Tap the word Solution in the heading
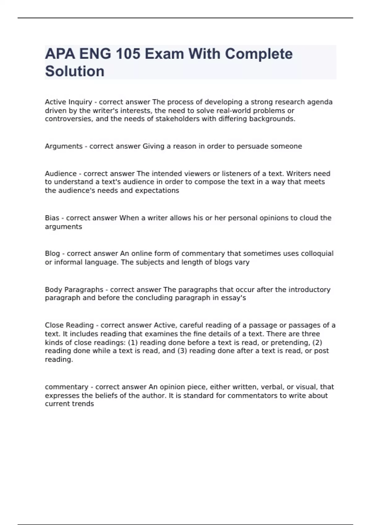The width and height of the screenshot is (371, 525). coord(75,71)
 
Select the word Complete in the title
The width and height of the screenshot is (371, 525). coord(258,54)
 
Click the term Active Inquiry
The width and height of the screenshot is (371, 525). coord(68,102)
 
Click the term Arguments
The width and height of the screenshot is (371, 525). coord(64,146)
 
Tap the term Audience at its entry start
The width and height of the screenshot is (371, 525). coord(61,174)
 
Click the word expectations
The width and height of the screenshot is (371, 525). coord(157,191)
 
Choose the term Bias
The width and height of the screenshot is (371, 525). coord(52,218)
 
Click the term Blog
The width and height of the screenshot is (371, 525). coord(52,254)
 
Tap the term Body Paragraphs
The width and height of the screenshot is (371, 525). coord(74,290)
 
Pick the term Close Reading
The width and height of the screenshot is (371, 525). coord(69,325)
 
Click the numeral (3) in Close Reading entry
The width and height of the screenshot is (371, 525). coord(182,351)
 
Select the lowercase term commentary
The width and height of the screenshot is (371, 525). coord(66,387)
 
